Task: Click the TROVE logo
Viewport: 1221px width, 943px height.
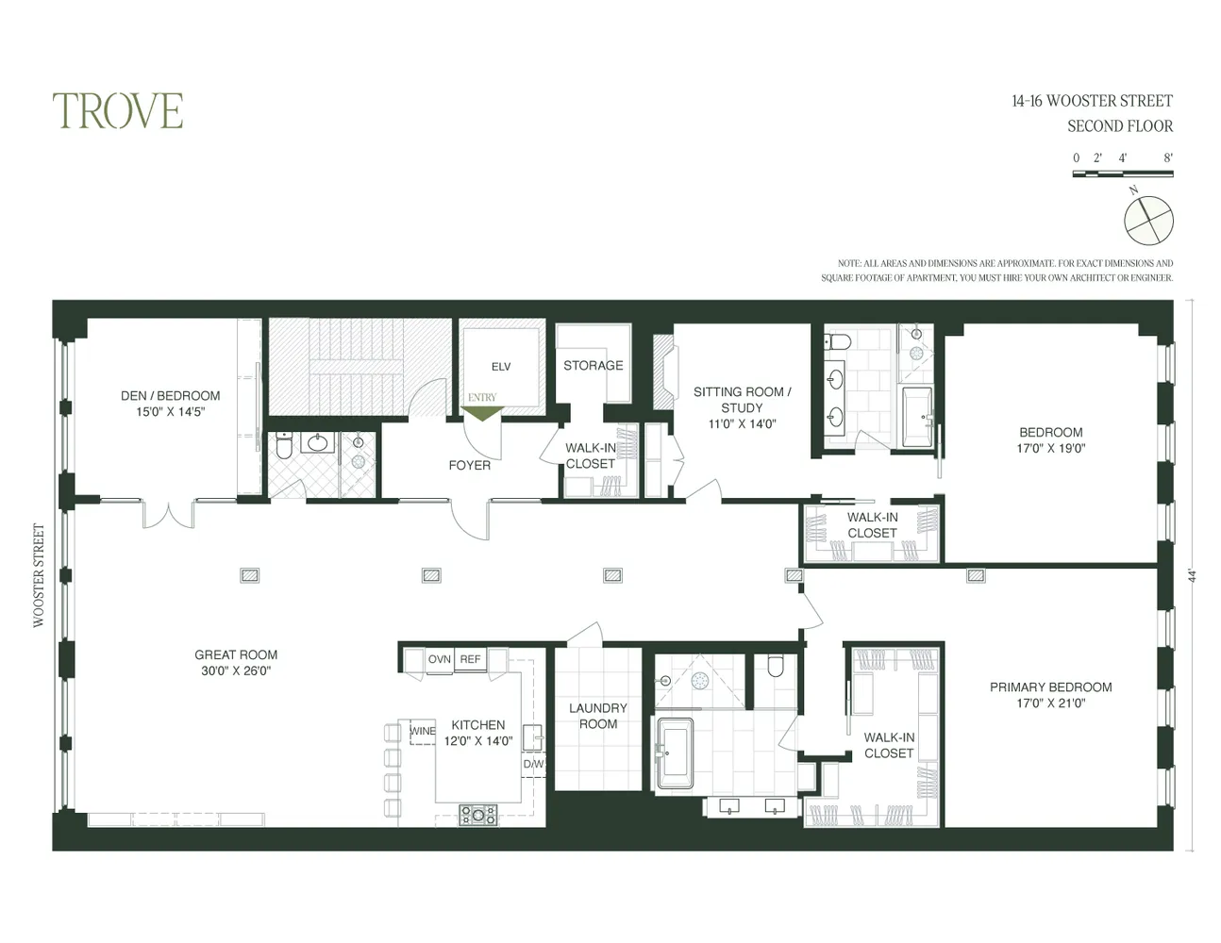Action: click(x=118, y=111)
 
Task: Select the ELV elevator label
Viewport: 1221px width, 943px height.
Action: click(x=500, y=367)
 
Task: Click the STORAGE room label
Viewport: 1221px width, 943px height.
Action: click(x=593, y=366)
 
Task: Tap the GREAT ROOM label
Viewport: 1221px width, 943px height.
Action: click(x=236, y=663)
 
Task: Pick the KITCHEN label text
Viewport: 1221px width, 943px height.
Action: click(x=478, y=733)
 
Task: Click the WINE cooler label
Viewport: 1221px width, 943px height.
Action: click(x=422, y=731)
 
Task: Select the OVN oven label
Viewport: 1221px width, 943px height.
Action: click(x=439, y=659)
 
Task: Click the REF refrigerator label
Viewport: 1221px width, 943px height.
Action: click(x=470, y=659)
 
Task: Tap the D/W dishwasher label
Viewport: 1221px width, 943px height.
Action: click(x=533, y=764)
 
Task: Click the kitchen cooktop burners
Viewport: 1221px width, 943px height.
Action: click(x=477, y=814)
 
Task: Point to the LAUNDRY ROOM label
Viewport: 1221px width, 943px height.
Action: click(x=597, y=716)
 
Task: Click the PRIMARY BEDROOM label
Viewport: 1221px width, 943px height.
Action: click(x=1050, y=695)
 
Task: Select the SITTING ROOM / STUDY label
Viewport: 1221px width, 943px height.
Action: click(x=742, y=407)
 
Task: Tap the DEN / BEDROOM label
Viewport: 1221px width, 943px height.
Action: click(x=170, y=404)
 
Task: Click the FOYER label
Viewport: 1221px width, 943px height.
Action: click(x=469, y=465)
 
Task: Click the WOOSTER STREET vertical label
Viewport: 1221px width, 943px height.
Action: click(x=39, y=575)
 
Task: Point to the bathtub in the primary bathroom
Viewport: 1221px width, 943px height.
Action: click(x=674, y=754)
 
